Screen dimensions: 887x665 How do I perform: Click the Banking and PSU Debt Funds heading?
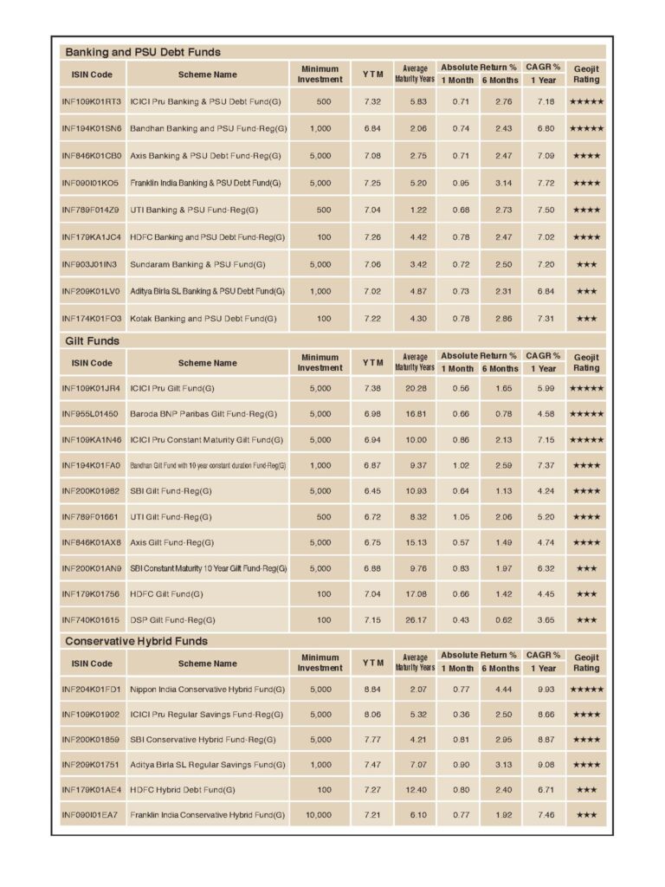pyautogui.click(x=143, y=52)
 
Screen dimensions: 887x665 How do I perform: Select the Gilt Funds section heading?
pyautogui.click(x=93, y=340)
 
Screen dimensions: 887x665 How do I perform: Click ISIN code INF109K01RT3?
pyautogui.click(x=92, y=102)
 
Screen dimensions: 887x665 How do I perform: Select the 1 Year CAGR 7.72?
pyautogui.click(x=546, y=183)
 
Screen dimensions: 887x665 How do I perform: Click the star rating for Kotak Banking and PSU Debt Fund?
pyautogui.click(x=586, y=319)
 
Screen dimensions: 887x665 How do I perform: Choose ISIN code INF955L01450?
pyautogui.click(x=92, y=414)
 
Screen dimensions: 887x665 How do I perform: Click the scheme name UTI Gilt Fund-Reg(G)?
pyautogui.click(x=171, y=517)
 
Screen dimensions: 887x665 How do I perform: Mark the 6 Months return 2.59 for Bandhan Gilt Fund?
pyautogui.click(x=503, y=465)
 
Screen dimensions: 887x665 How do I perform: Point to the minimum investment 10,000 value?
pyautogui.click(x=320, y=815)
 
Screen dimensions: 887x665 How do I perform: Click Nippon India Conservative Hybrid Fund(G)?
pyautogui.click(x=207, y=690)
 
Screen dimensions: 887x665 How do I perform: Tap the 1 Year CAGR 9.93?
pyautogui.click(x=546, y=690)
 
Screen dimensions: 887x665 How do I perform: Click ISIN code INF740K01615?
pyautogui.click(x=91, y=619)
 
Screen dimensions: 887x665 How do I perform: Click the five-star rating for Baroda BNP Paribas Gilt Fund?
pyautogui.click(x=586, y=414)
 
